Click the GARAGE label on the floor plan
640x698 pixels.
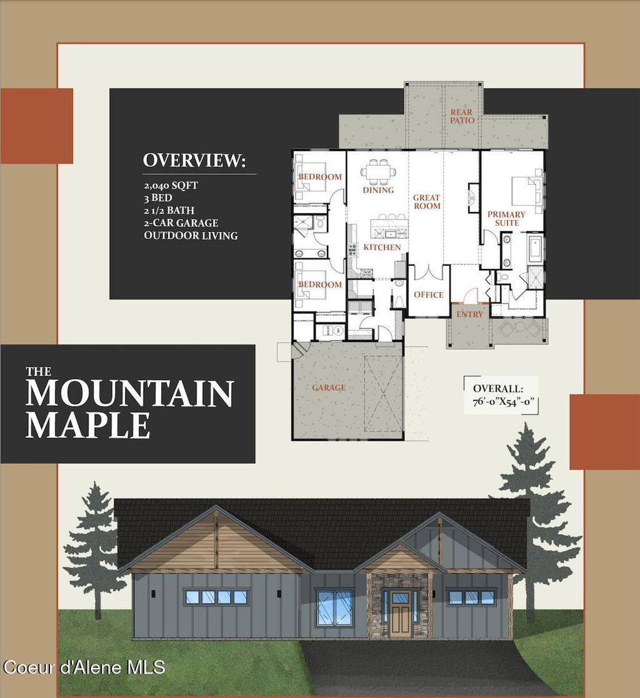click(329, 388)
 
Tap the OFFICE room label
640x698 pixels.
click(429, 295)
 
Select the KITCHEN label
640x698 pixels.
click(382, 248)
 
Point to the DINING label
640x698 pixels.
click(378, 190)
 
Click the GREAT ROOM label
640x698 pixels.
click(427, 202)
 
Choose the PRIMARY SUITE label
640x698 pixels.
click(506, 218)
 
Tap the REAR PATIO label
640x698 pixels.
click(462, 116)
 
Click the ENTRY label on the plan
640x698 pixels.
click(470, 314)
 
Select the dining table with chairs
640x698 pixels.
click(379, 170)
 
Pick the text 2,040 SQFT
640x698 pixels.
click(171, 186)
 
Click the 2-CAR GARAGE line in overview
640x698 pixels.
click(181, 223)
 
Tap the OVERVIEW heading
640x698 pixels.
click(194, 161)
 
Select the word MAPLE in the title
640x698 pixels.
click(87, 425)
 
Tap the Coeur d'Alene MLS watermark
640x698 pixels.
click(84, 667)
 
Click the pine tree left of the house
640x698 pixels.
click(94, 550)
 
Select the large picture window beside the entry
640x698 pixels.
click(334, 608)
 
